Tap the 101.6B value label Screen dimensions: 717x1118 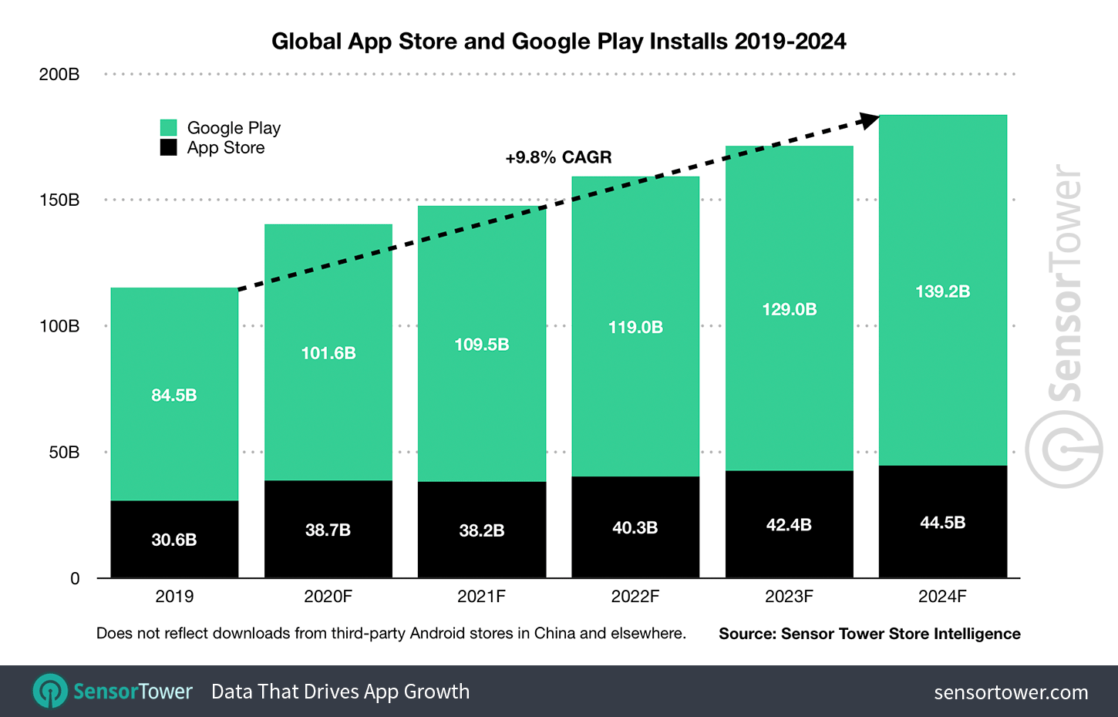328,353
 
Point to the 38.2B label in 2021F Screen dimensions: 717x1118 482,530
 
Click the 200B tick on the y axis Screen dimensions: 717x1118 59,75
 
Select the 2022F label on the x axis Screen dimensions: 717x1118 635,596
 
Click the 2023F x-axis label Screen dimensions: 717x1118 789,596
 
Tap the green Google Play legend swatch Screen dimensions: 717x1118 169,128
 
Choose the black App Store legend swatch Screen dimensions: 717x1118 169,147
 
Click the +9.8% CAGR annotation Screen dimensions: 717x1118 558,157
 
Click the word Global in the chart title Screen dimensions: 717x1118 306,41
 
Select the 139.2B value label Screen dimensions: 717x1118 942,291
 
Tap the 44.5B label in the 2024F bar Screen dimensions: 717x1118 942,523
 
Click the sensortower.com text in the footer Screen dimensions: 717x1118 1011,692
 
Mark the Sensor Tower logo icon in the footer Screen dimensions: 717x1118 51,691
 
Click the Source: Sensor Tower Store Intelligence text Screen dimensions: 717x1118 869,634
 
